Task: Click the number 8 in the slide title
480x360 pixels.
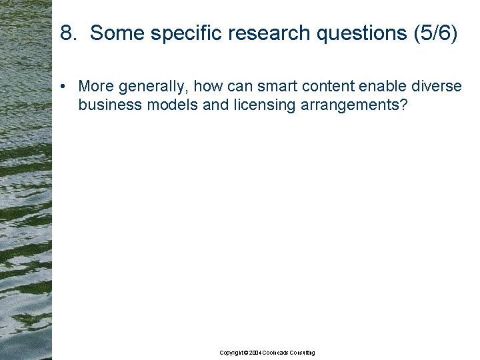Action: point(67,33)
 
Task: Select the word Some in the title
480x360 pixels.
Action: point(117,33)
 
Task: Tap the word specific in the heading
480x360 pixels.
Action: point(186,33)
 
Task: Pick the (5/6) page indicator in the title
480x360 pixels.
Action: point(435,33)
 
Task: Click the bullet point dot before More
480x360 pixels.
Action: point(63,86)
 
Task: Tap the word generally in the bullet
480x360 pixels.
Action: point(153,87)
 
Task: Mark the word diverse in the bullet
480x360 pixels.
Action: point(436,86)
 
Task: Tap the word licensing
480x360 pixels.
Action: point(265,105)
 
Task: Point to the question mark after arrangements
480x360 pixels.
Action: point(404,105)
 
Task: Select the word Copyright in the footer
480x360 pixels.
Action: point(232,353)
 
